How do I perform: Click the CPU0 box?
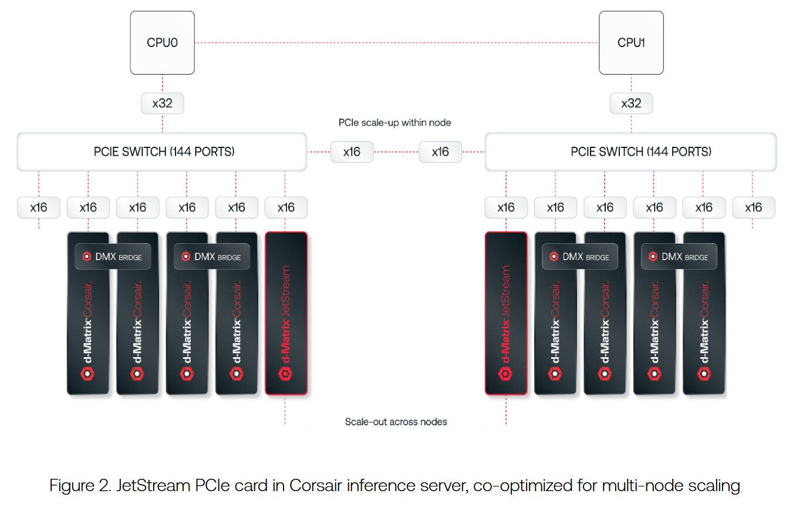[x=162, y=42]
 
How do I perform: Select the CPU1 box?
[x=631, y=42]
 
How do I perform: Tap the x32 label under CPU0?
[x=162, y=103]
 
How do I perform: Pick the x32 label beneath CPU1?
[x=631, y=103]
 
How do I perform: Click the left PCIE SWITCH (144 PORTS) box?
[x=162, y=152]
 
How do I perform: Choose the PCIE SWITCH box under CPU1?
[x=630, y=152]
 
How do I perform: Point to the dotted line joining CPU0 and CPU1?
[x=396, y=43]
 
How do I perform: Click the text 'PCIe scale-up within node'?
[x=394, y=123]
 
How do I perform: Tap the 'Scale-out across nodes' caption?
[x=396, y=421]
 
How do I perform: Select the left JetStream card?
[x=286, y=313]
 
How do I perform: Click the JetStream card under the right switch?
[x=506, y=313]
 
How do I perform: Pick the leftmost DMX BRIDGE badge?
[x=113, y=256]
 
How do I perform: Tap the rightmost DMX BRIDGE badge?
[x=679, y=256]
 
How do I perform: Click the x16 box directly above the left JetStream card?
[x=286, y=207]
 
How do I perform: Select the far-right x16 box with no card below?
[x=753, y=207]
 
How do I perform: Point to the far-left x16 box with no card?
[x=39, y=207]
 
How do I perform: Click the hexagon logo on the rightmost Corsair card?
[x=704, y=374]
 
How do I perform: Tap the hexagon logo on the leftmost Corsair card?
[x=87, y=374]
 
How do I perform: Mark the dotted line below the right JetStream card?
[x=506, y=409]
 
